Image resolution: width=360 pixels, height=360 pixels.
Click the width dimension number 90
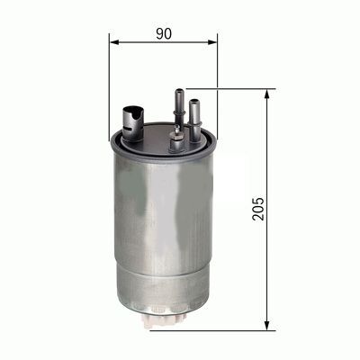[x=163, y=33]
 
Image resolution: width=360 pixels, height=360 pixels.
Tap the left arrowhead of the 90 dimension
[x=113, y=40]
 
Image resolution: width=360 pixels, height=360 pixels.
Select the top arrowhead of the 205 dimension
[x=268, y=94]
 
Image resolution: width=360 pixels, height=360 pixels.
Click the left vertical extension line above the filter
[x=109, y=81]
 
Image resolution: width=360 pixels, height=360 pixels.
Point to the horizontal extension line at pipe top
[x=234, y=88]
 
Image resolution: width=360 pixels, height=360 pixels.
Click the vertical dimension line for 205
[x=268, y=162]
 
